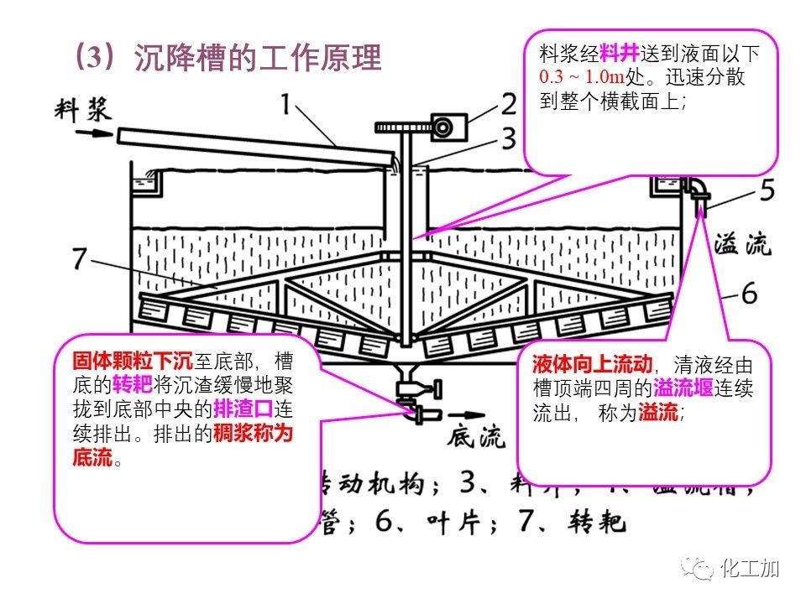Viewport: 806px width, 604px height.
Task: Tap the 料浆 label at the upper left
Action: pyautogui.click(x=83, y=108)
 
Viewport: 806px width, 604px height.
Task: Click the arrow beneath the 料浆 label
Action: pyautogui.click(x=85, y=133)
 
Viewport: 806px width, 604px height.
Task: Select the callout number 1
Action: pyautogui.click(x=288, y=105)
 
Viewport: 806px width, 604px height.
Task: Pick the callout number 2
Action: pyautogui.click(x=509, y=104)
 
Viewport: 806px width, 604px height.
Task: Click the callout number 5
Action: pyautogui.click(x=767, y=191)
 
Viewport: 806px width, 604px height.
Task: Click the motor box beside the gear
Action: pyautogui.click(x=442, y=126)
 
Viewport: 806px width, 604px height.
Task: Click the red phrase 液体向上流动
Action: pyautogui.click(x=592, y=366)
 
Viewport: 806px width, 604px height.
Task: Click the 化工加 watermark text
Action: pyautogui.click(x=750, y=569)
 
